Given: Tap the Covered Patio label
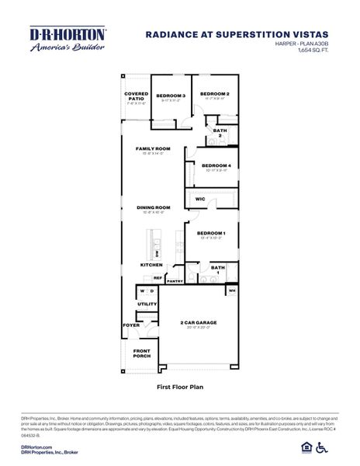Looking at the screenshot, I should [136, 97].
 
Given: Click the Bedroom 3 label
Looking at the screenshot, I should [171, 96].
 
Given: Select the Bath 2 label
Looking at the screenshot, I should [220, 133].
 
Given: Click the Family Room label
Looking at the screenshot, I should [153, 148].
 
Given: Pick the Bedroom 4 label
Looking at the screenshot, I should [216, 165].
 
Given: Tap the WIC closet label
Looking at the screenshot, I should [200, 200].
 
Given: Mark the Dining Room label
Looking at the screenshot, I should [153, 207].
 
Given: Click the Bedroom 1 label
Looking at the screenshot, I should [211, 234].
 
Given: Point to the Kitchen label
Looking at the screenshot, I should [151, 265].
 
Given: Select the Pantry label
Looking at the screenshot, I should [175, 282].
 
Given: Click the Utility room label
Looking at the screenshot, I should [147, 304].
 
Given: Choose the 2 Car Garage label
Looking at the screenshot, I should [198, 322].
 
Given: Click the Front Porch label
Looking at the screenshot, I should [141, 355].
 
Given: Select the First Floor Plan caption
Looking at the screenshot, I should [179, 384].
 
